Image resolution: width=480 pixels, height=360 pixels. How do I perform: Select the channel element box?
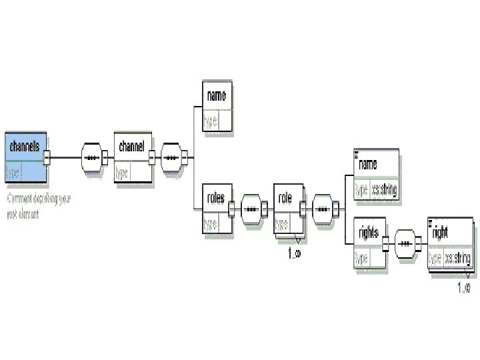point(133,157)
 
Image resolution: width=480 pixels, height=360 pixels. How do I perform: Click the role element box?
point(288,209)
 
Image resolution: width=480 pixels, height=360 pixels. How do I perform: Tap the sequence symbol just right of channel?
point(172,158)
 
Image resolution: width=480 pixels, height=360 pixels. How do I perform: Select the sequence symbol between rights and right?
point(405,243)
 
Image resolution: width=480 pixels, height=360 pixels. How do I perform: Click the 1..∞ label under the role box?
point(294,253)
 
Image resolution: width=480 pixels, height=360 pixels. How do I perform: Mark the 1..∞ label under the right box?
point(464,287)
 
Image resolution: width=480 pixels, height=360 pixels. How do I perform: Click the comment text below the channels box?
point(39,206)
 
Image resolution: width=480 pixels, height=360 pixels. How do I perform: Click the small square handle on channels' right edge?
point(47,158)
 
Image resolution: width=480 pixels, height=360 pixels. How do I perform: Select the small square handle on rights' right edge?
point(385,243)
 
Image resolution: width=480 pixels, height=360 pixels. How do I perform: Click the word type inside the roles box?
point(210,223)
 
